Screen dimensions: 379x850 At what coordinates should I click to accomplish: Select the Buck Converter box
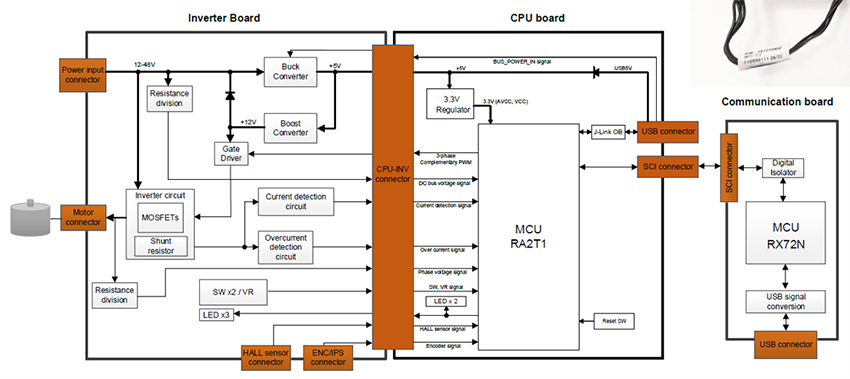(x=289, y=69)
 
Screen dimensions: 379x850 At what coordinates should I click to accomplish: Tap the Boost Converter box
(x=289, y=126)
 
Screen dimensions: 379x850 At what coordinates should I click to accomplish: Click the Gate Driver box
(x=229, y=153)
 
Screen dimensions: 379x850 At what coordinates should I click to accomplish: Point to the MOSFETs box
(x=162, y=218)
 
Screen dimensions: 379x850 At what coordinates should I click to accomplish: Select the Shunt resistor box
(x=160, y=246)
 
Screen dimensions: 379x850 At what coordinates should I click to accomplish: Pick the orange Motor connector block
(x=83, y=217)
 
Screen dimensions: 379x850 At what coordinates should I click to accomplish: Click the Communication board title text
(x=776, y=101)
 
